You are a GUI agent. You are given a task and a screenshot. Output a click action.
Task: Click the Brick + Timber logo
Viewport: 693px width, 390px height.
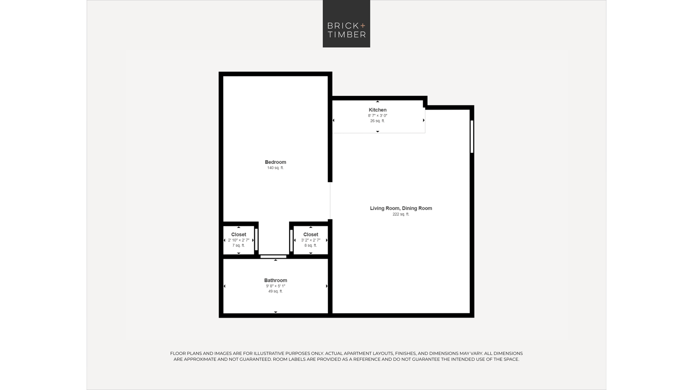point(346,24)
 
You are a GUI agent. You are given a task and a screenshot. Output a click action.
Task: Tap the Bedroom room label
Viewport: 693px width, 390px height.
point(275,162)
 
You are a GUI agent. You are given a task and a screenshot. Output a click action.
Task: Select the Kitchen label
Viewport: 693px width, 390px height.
point(377,110)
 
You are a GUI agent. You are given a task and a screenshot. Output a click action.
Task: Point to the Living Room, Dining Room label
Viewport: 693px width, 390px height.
point(401,208)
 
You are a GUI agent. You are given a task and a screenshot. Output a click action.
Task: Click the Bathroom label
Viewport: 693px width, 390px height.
point(275,280)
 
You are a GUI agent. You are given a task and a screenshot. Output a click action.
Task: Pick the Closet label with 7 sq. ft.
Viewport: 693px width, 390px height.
point(239,234)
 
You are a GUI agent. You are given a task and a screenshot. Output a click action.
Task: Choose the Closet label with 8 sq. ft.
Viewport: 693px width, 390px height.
point(310,234)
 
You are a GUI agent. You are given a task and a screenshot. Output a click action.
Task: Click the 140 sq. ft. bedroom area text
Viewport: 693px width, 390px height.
point(275,168)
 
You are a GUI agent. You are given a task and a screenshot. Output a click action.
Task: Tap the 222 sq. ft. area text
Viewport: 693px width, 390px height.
point(401,214)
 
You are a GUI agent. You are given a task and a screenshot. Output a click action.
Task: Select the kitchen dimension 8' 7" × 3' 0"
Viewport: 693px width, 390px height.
point(378,115)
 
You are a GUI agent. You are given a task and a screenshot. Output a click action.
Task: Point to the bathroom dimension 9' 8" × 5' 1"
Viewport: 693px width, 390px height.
point(275,286)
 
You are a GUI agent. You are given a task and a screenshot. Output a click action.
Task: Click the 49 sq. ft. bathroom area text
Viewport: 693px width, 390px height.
point(275,291)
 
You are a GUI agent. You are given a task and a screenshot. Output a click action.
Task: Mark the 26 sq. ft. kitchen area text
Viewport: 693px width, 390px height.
point(377,121)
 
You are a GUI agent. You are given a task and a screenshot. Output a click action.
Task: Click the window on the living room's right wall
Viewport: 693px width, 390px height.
point(472,137)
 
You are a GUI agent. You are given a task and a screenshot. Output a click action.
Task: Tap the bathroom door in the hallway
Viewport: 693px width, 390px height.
point(273,257)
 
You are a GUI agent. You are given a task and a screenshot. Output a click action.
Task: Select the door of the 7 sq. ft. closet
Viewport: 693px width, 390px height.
point(256,240)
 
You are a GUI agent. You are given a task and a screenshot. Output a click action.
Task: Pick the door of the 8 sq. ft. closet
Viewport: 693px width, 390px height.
point(291,241)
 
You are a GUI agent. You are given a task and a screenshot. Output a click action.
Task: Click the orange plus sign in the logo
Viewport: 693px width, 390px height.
point(363,25)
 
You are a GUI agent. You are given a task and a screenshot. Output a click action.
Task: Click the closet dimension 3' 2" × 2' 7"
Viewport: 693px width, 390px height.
point(310,240)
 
